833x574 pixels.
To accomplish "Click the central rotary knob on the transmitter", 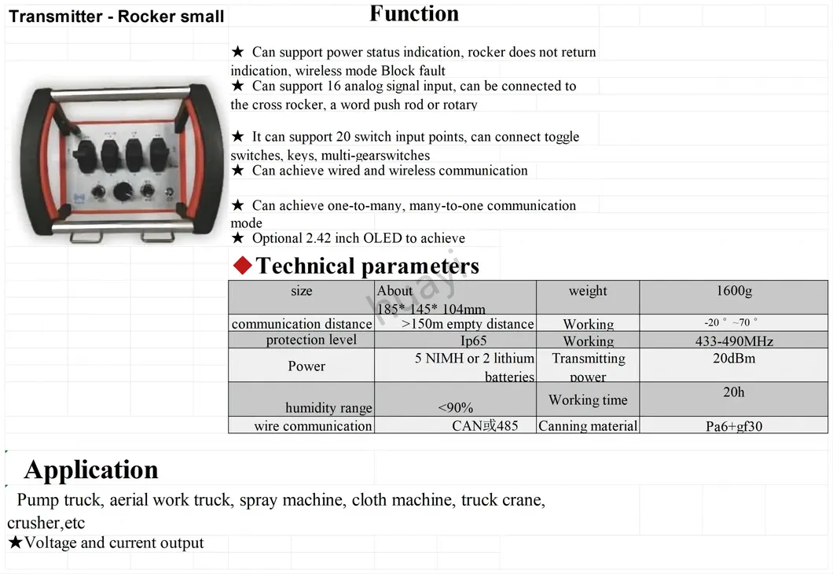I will [123, 191].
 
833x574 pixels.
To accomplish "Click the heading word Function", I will [414, 14].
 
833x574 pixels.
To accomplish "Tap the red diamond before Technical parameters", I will [243, 266].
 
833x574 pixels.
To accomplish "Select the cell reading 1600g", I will [733, 291].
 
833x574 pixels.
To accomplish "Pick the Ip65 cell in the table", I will [473, 341].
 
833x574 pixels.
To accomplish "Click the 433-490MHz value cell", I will [733, 341].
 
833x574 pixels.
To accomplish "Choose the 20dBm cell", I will [733, 359].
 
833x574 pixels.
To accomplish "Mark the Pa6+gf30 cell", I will [733, 426].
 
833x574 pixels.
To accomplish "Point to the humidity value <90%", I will [455, 407].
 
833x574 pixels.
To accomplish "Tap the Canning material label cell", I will [588, 426].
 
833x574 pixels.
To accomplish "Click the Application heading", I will [91, 469].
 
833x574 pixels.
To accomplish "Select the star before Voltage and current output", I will [15, 543].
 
